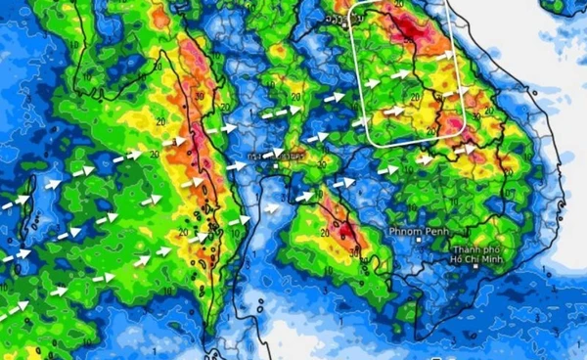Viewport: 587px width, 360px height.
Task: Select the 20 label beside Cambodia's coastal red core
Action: (x=324, y=233)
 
